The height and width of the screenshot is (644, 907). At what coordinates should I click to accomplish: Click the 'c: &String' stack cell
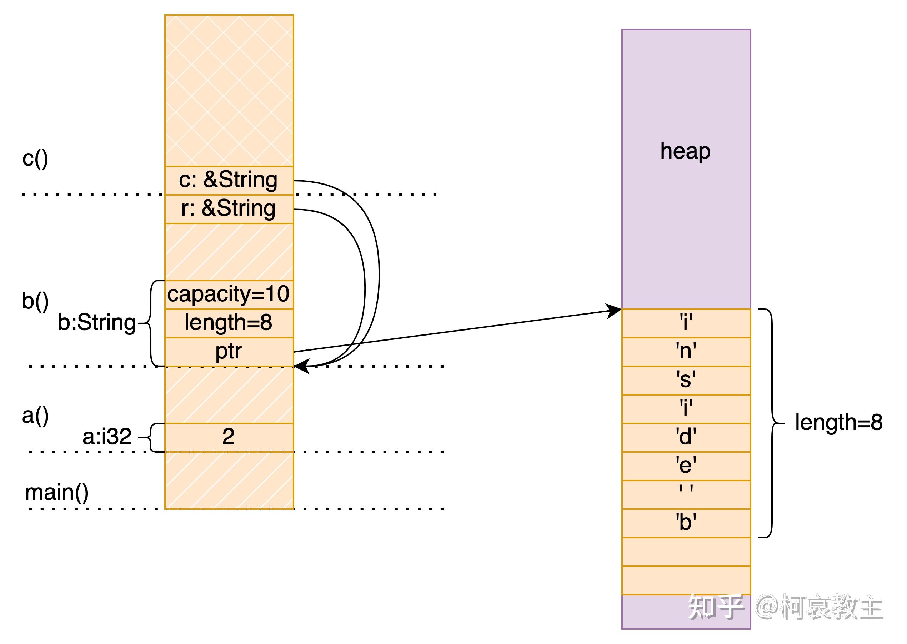(x=229, y=180)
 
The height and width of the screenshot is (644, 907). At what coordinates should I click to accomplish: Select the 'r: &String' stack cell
(x=229, y=209)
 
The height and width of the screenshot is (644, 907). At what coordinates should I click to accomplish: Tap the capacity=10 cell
(x=229, y=295)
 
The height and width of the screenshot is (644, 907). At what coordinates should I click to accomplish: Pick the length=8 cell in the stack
(x=229, y=323)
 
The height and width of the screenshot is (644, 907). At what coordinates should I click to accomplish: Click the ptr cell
(x=229, y=352)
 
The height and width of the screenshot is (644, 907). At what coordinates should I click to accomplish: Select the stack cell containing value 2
(x=229, y=437)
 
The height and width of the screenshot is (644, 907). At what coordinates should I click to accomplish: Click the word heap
(x=685, y=151)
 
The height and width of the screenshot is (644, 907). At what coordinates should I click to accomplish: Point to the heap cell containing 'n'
(x=686, y=352)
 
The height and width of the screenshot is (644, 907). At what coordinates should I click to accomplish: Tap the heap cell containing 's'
(x=686, y=380)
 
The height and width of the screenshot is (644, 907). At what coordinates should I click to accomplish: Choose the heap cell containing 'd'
(x=686, y=437)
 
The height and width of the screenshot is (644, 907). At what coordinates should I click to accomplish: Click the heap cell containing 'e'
(x=686, y=466)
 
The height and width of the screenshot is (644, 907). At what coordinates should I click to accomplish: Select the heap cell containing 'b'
(x=686, y=523)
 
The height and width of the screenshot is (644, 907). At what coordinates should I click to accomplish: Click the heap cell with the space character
(x=686, y=494)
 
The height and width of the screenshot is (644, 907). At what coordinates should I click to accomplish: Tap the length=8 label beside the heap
(x=838, y=423)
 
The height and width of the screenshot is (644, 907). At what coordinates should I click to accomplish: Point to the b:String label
(x=97, y=323)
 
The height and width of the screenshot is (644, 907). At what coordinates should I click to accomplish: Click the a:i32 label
(x=107, y=437)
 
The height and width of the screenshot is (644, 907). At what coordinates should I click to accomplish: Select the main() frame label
(x=57, y=493)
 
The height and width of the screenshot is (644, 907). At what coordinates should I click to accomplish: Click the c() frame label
(x=35, y=159)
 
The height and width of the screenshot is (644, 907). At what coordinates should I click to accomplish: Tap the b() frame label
(x=35, y=301)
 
